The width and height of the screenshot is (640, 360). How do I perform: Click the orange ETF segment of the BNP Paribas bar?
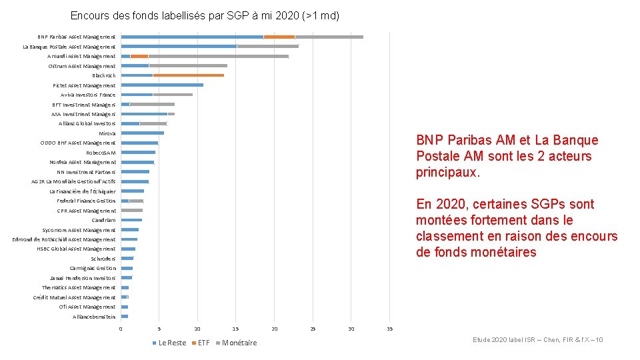[x=279, y=37]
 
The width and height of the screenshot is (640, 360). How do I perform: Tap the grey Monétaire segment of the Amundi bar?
[x=218, y=56]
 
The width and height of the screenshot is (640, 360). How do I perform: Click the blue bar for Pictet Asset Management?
[x=162, y=85]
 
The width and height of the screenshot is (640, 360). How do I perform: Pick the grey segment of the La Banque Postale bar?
[x=267, y=46]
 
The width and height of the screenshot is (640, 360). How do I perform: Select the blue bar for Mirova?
[x=142, y=133]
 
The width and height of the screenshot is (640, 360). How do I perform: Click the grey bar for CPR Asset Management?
[x=131, y=210]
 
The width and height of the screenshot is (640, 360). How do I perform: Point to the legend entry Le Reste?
[x=171, y=343]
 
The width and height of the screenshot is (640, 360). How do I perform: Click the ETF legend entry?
[x=203, y=343]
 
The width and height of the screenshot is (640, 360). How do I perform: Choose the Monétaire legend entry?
[x=238, y=343]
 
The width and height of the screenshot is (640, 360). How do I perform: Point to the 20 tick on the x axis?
[x=274, y=329]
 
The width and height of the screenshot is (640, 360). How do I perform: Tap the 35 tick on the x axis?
[x=389, y=329]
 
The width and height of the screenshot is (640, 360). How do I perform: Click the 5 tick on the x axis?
[x=159, y=329]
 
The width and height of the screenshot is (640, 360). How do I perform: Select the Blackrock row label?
[x=103, y=75]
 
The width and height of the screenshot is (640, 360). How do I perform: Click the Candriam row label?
[x=103, y=220]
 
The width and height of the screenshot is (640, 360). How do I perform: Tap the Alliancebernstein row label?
[x=94, y=317]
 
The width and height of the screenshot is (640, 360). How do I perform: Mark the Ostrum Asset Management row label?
[x=81, y=66]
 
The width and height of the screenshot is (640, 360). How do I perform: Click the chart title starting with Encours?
[x=205, y=15]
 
